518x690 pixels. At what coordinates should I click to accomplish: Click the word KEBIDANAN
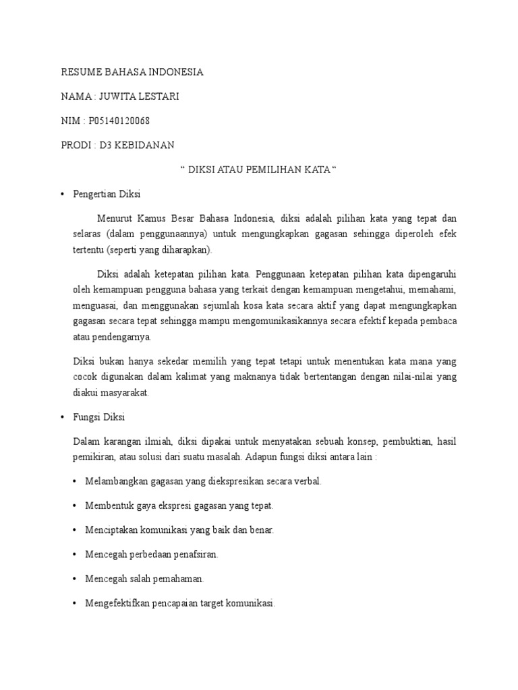(146, 145)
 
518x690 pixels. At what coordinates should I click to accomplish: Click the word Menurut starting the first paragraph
(115, 218)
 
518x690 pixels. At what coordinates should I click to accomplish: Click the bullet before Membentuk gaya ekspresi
(74, 505)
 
